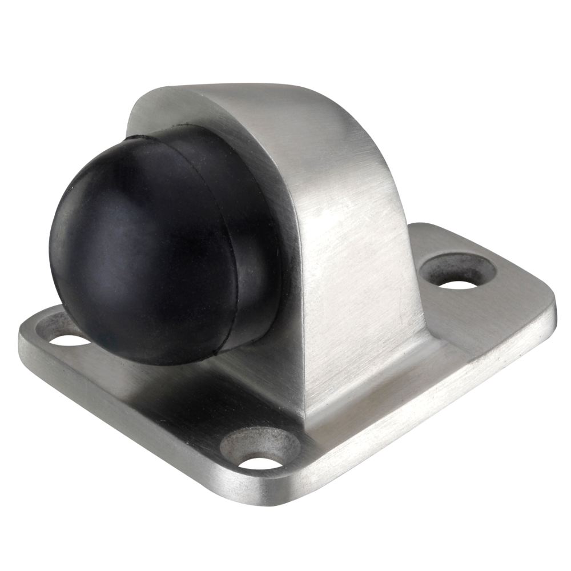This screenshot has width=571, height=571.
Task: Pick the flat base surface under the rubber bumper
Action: [171, 388]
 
